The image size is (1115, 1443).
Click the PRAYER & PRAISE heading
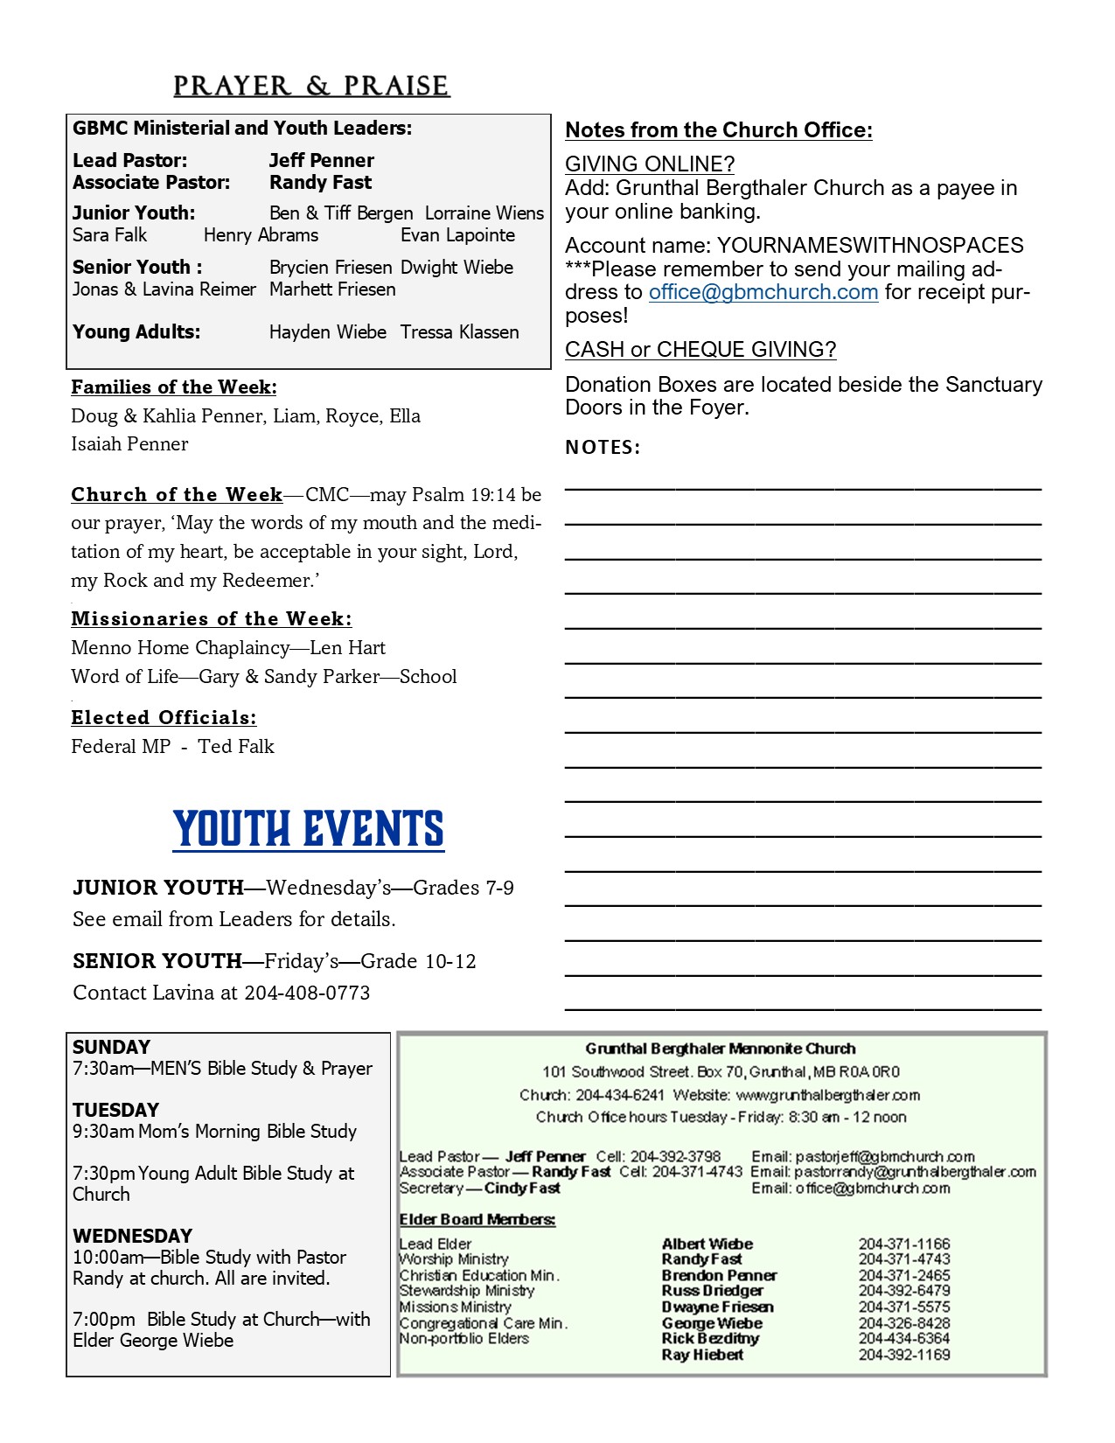311,86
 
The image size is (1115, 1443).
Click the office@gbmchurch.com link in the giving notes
763,292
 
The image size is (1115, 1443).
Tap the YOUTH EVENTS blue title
309,829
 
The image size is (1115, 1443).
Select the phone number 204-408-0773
307,993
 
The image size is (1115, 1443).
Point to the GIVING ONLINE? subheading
650,164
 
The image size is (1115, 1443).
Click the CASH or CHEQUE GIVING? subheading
700,350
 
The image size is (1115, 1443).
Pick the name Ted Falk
236,747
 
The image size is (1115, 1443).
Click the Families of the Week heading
174,387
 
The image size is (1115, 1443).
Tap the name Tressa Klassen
459,332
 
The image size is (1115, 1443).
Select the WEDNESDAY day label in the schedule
132,1236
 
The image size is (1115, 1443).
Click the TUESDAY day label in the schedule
115,1110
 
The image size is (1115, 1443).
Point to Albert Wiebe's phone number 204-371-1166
903,1244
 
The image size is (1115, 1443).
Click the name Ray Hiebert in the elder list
702,1355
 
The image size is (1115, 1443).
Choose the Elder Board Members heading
477,1219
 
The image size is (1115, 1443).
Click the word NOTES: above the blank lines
603,448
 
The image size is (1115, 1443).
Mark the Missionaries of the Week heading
212,619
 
